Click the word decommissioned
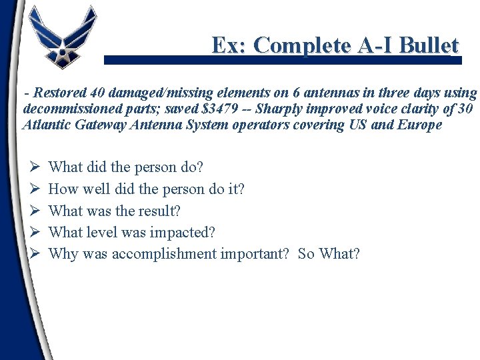tap(64, 109)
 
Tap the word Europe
tap(421, 125)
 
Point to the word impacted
tap(185, 232)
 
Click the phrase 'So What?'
tap(329, 254)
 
